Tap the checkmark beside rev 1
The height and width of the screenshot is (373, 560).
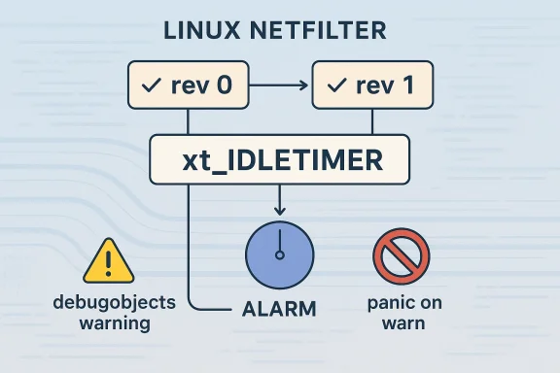coord(335,85)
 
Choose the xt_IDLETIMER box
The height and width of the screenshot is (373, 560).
coord(279,158)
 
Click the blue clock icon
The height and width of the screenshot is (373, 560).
coord(279,254)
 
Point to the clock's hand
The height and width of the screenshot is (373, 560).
coord(279,243)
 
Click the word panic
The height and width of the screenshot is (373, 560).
coord(383,302)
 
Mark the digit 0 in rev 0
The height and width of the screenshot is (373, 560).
coord(223,85)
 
